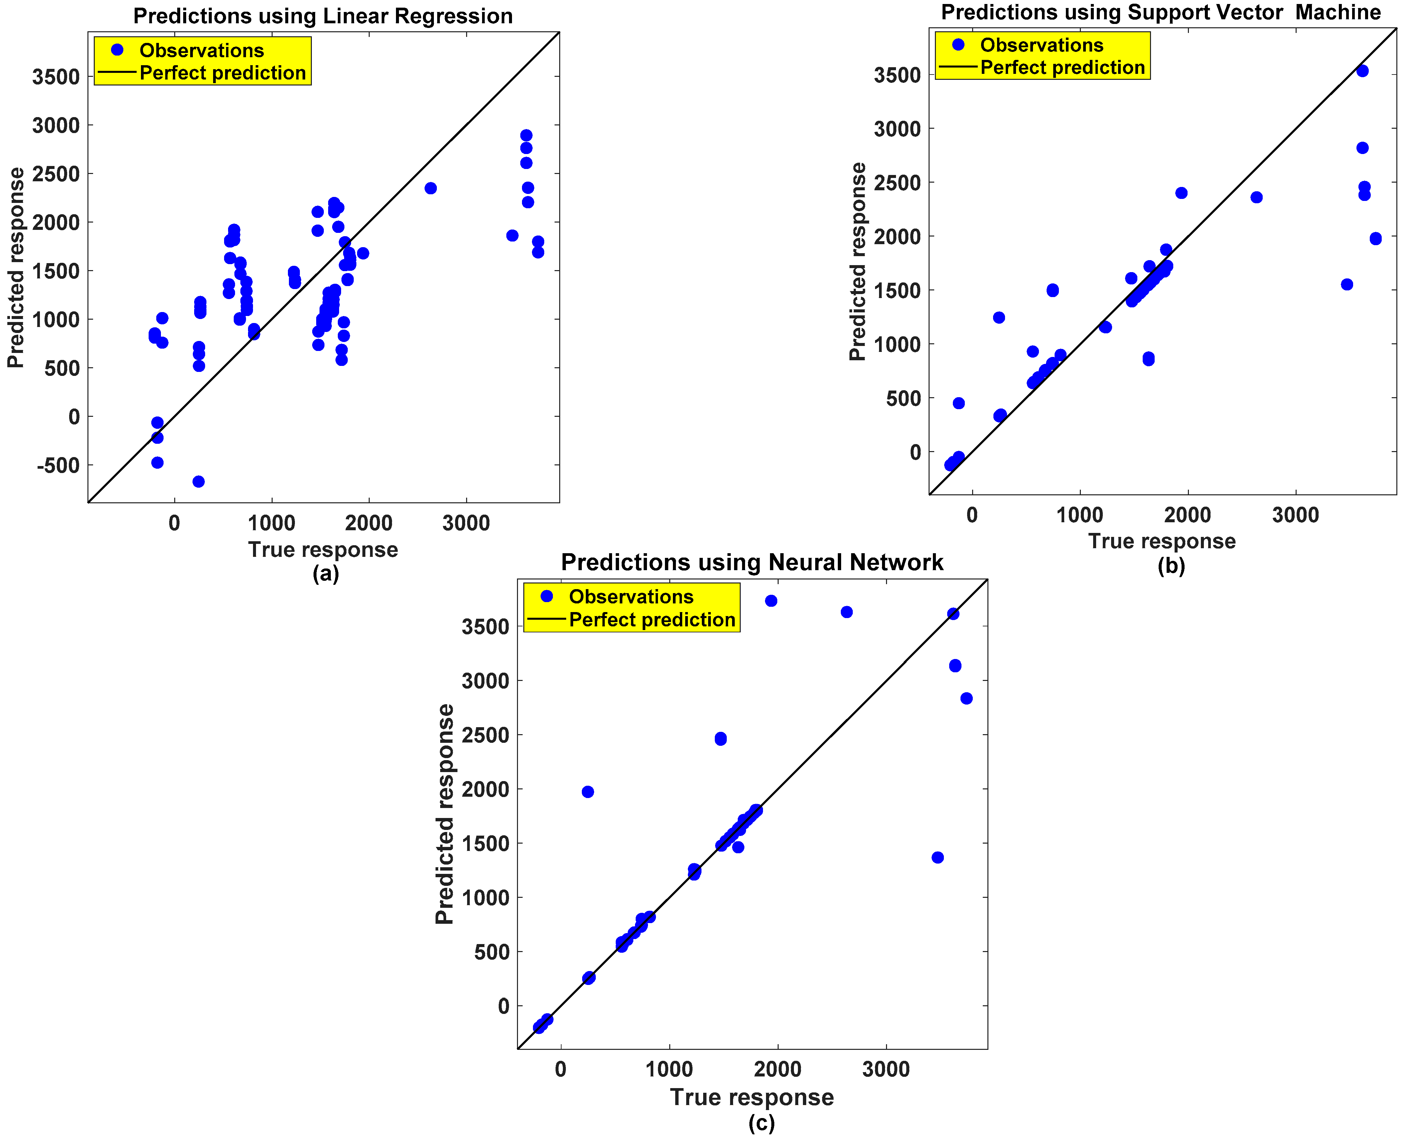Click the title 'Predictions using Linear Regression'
point(322,16)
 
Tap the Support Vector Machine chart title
point(1161,12)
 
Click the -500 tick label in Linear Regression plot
point(58,465)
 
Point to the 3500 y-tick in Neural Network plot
point(485,627)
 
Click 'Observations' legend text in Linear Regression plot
point(201,51)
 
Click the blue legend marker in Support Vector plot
point(958,45)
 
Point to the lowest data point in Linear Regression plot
point(198,482)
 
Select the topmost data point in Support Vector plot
point(1362,71)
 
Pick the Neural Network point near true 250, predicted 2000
point(587,792)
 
